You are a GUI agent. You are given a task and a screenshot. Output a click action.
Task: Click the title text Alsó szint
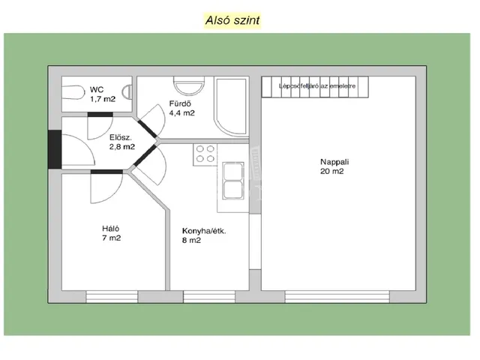(232, 20)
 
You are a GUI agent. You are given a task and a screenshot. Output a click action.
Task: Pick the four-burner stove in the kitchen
(205, 153)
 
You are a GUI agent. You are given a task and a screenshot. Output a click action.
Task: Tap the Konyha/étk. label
(204, 231)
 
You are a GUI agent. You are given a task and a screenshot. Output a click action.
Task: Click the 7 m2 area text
(111, 238)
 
